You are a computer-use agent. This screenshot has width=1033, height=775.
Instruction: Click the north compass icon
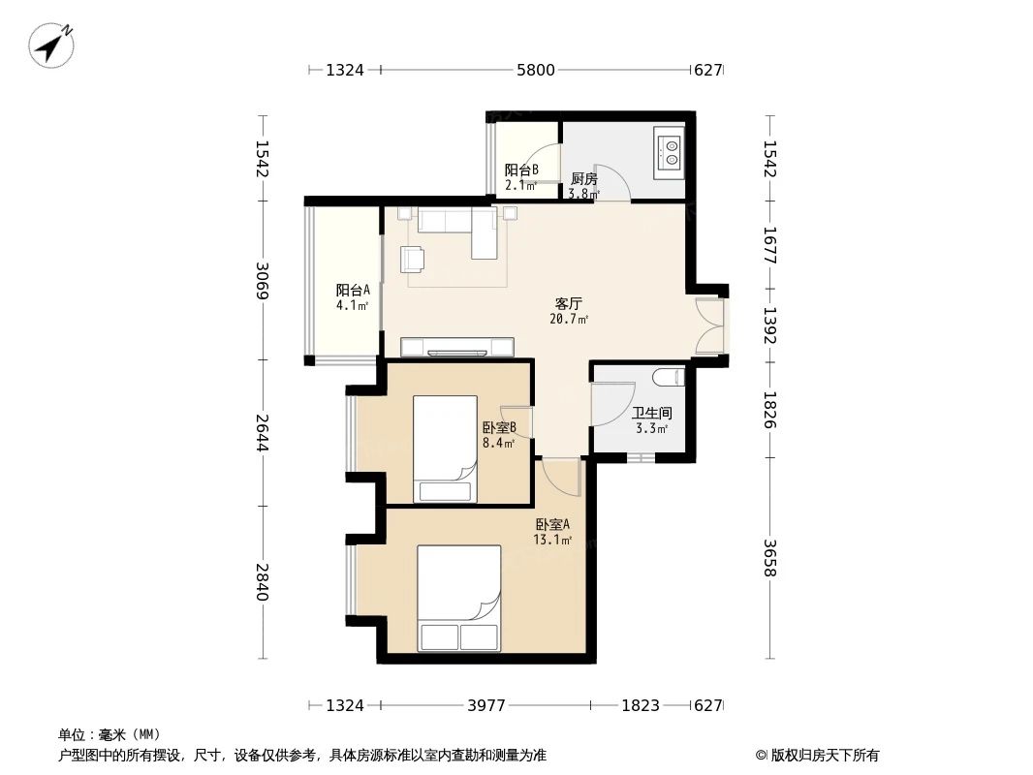click(x=52, y=44)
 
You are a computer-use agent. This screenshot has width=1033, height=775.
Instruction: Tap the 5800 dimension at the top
click(x=536, y=70)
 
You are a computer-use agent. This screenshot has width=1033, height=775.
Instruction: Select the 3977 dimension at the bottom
click(x=486, y=705)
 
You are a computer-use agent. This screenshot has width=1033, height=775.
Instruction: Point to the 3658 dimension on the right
click(x=769, y=558)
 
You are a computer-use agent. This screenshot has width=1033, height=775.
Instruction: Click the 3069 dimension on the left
click(x=261, y=280)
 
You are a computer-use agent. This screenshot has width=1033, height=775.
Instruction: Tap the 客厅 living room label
click(x=568, y=302)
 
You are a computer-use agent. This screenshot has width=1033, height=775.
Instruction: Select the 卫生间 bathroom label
click(x=651, y=413)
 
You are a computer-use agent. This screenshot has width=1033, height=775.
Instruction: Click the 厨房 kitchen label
click(x=583, y=179)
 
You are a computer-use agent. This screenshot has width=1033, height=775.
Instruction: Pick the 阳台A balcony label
click(x=353, y=290)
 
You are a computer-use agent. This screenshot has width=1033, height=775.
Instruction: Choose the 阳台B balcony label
click(x=520, y=170)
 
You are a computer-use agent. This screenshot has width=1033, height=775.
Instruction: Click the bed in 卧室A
click(x=459, y=598)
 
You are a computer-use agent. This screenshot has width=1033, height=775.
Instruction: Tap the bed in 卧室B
click(x=446, y=449)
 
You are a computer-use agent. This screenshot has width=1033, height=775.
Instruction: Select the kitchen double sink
click(x=670, y=150)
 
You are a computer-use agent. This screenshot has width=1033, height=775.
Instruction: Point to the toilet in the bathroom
click(x=669, y=377)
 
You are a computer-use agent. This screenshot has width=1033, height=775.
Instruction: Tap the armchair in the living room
click(x=412, y=260)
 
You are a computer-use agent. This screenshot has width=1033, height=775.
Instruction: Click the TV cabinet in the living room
click(x=456, y=346)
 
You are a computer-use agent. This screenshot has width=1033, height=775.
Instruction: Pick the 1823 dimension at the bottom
click(x=641, y=705)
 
